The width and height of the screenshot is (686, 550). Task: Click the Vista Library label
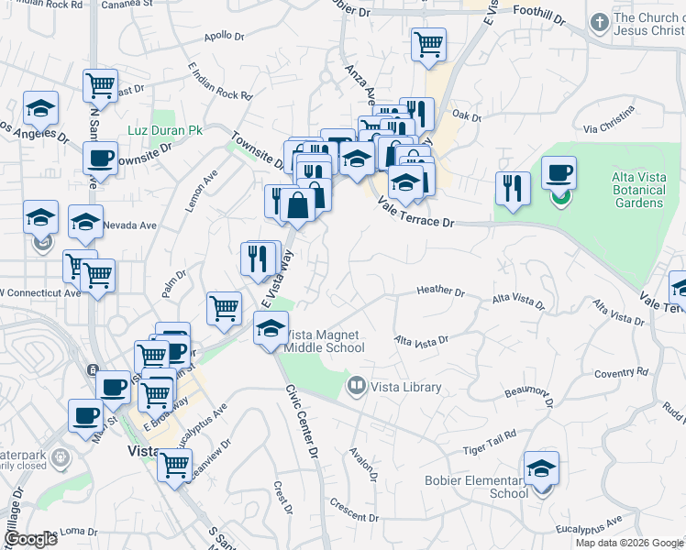(x=406, y=387)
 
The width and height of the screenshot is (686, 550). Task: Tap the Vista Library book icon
(x=357, y=386)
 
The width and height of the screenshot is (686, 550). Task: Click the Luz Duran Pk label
(x=165, y=130)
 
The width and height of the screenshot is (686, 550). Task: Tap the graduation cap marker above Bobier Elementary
(x=541, y=469)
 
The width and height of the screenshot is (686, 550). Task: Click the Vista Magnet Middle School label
(x=324, y=341)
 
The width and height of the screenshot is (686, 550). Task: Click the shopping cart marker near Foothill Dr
(x=428, y=43)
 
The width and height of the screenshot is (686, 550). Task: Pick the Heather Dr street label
(x=440, y=291)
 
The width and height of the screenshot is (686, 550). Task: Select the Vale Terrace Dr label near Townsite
(x=416, y=214)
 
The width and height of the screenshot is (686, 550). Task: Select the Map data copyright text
(x=628, y=543)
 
